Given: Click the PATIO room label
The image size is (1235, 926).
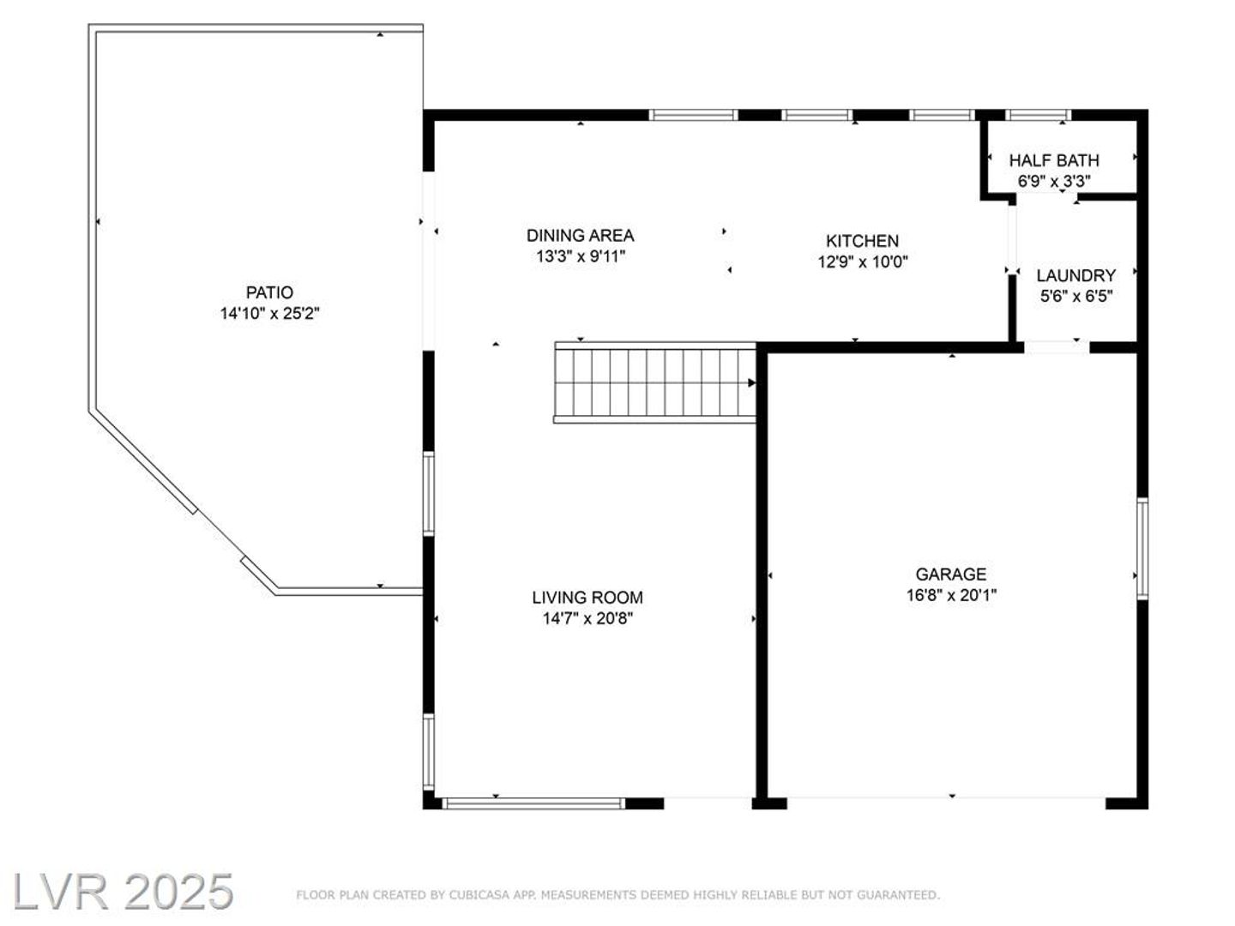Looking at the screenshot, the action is point(269,292).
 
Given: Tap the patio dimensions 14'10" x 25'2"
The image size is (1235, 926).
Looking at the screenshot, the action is point(269,313).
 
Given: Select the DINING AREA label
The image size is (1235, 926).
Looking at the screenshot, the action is point(580,236).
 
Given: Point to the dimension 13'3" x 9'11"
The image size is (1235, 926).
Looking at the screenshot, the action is point(580,256).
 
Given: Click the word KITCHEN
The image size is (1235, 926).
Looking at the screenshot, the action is point(862,241).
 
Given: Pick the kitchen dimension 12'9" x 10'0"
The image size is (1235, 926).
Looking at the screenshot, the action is point(862,262).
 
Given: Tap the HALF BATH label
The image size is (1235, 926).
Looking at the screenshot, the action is point(1054,161).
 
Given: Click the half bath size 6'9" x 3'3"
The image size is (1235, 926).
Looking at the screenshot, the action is point(1054,182).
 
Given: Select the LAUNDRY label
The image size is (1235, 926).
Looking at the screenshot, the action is point(1075,275).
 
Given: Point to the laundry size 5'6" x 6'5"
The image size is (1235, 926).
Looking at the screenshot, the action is point(1075,297).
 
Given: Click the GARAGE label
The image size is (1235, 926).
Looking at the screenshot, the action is point(951,574).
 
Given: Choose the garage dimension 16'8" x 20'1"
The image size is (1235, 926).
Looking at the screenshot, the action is point(951,595).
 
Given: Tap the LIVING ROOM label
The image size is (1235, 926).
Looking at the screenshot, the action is point(587,597).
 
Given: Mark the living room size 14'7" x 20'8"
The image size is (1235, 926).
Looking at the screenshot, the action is point(587,618).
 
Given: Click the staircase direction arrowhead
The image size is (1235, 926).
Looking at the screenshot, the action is point(751,383).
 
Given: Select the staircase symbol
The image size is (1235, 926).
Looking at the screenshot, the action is point(655,382).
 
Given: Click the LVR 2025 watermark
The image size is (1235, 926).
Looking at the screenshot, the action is point(123,893).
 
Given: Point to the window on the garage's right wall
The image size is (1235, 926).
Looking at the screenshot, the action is point(1142,548).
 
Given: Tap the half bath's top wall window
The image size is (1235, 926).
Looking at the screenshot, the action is point(1038,115).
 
